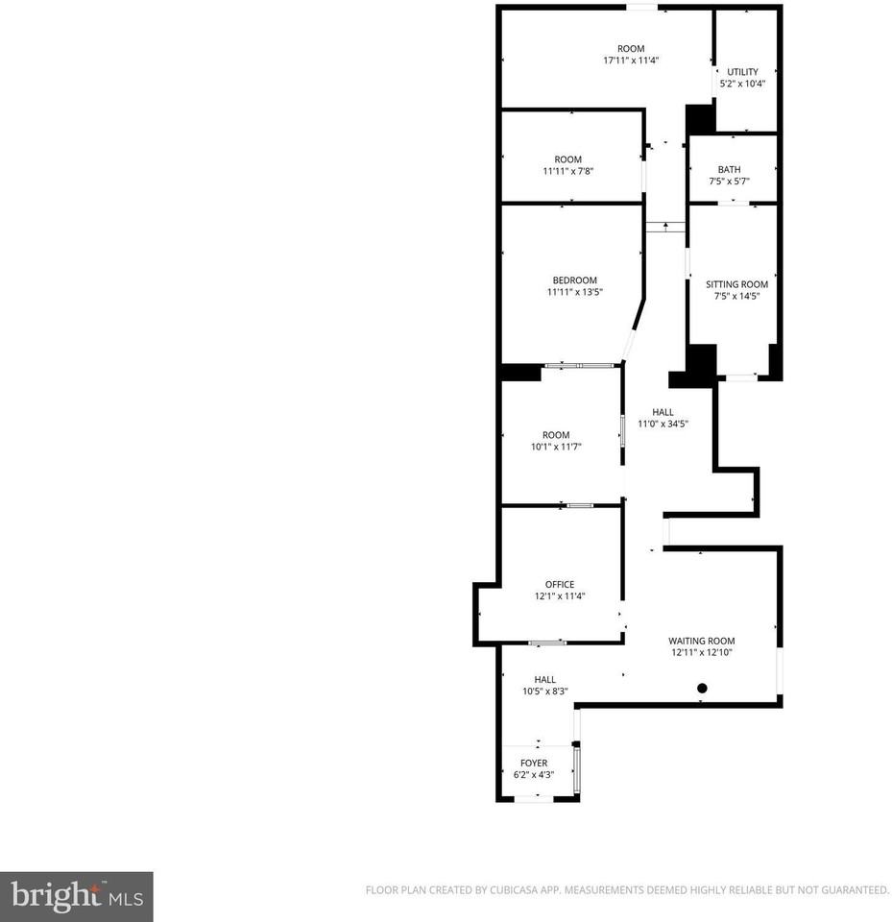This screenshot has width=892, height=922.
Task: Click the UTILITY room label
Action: (x=742, y=72)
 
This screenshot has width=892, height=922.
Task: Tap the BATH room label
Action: (x=729, y=170)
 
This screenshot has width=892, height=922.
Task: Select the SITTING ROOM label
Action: (x=736, y=284)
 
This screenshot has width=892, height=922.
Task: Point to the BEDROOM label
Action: (x=574, y=280)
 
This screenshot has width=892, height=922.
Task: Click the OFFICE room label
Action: (x=560, y=585)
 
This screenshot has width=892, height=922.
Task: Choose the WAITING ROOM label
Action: (x=702, y=641)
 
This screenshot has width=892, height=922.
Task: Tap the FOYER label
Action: (x=534, y=764)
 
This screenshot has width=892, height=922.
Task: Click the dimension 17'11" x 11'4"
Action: (x=631, y=60)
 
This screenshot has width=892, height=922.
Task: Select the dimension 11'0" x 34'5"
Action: (x=663, y=424)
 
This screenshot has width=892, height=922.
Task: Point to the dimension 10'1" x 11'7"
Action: (x=556, y=447)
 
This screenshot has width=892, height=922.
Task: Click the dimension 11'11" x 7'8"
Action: (x=568, y=171)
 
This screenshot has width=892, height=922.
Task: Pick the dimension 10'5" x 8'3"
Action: (x=545, y=691)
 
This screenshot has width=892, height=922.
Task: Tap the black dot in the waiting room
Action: (x=702, y=688)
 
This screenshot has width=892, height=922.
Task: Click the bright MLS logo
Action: (x=77, y=897)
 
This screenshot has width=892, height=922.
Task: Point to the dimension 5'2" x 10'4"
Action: (x=742, y=84)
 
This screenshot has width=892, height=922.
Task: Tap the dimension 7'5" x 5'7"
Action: (x=729, y=182)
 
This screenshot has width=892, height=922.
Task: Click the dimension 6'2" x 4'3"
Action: (x=534, y=775)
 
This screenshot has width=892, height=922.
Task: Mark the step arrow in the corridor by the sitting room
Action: (x=665, y=226)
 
